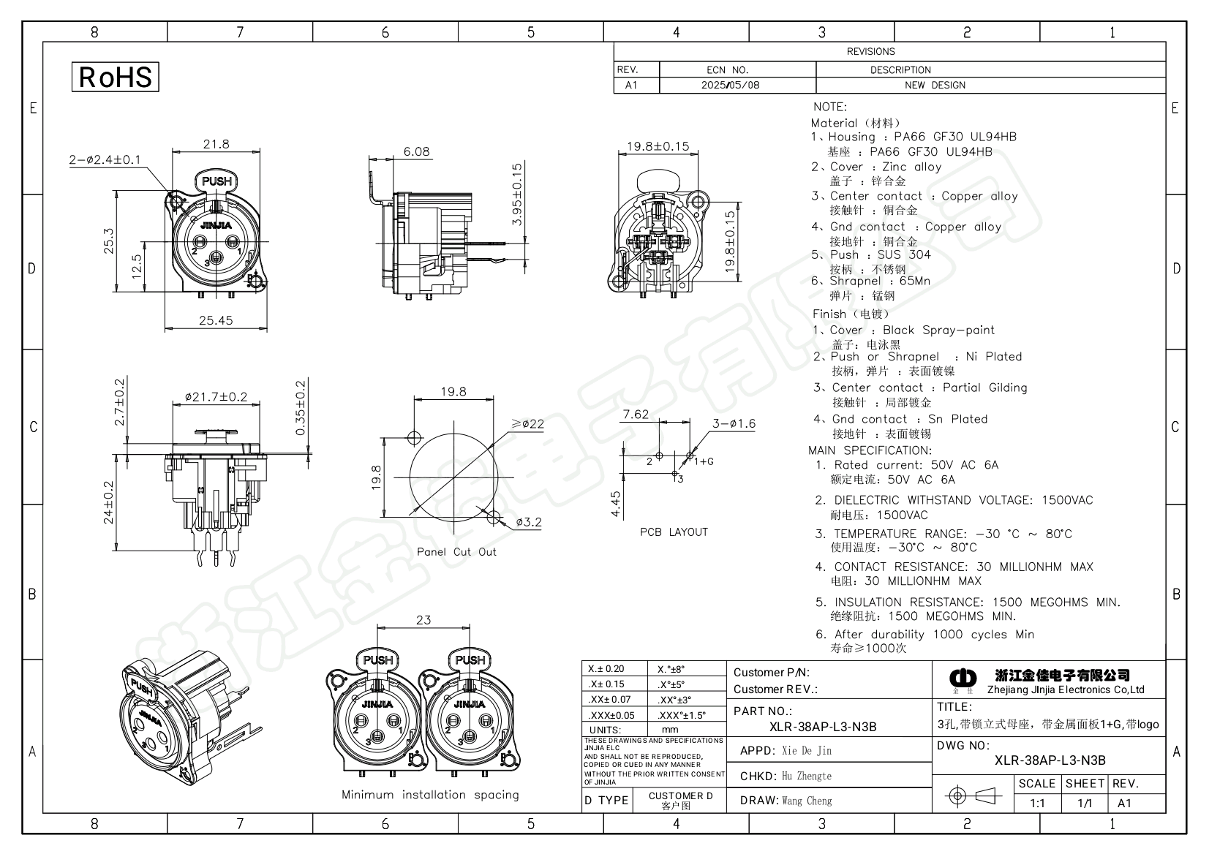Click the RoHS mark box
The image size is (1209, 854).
[x=115, y=77]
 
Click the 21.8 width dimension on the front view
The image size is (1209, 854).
[x=216, y=144]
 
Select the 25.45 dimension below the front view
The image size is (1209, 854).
[x=215, y=320]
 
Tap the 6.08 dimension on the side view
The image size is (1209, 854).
[x=417, y=151]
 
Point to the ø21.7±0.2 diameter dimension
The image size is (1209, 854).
[x=216, y=397]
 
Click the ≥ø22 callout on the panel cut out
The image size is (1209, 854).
[x=527, y=424]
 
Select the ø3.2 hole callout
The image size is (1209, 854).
[x=528, y=522]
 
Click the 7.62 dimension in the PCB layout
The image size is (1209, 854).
[x=635, y=415]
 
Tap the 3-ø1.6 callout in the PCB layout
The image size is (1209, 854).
[x=734, y=423]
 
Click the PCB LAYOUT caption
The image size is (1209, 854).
[x=674, y=532]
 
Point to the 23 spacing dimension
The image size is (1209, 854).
[x=423, y=620]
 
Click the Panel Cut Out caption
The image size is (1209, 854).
[x=456, y=552]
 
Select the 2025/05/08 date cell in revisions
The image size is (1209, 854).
[x=730, y=85]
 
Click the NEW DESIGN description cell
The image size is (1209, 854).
[x=935, y=85]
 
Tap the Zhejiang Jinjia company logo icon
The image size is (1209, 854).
[x=963, y=679]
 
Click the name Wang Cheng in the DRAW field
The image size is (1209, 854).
[x=807, y=801]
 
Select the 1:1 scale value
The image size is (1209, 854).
[x=1037, y=803]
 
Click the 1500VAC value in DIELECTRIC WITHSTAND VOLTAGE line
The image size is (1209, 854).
[x=1067, y=500]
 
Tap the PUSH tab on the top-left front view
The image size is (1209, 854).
[x=216, y=181]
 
